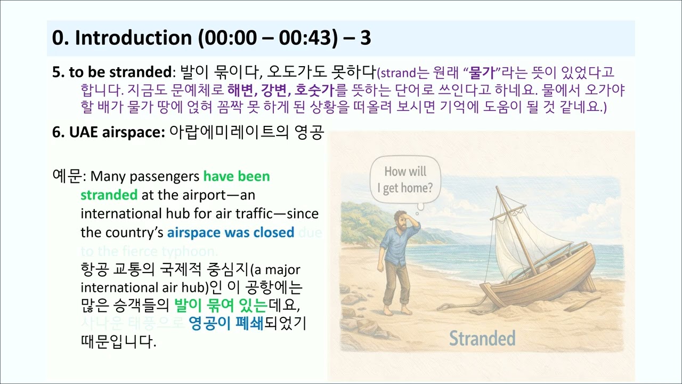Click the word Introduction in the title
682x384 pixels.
click(133, 38)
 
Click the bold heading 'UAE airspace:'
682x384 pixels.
click(109, 133)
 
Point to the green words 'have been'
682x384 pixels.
click(237, 176)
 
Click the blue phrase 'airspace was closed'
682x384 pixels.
click(230, 233)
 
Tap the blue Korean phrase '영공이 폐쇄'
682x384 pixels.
click(226, 324)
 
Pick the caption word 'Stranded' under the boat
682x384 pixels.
click(482, 338)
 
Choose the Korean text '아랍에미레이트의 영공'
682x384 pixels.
click(246, 133)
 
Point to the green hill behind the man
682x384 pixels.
click(362, 219)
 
